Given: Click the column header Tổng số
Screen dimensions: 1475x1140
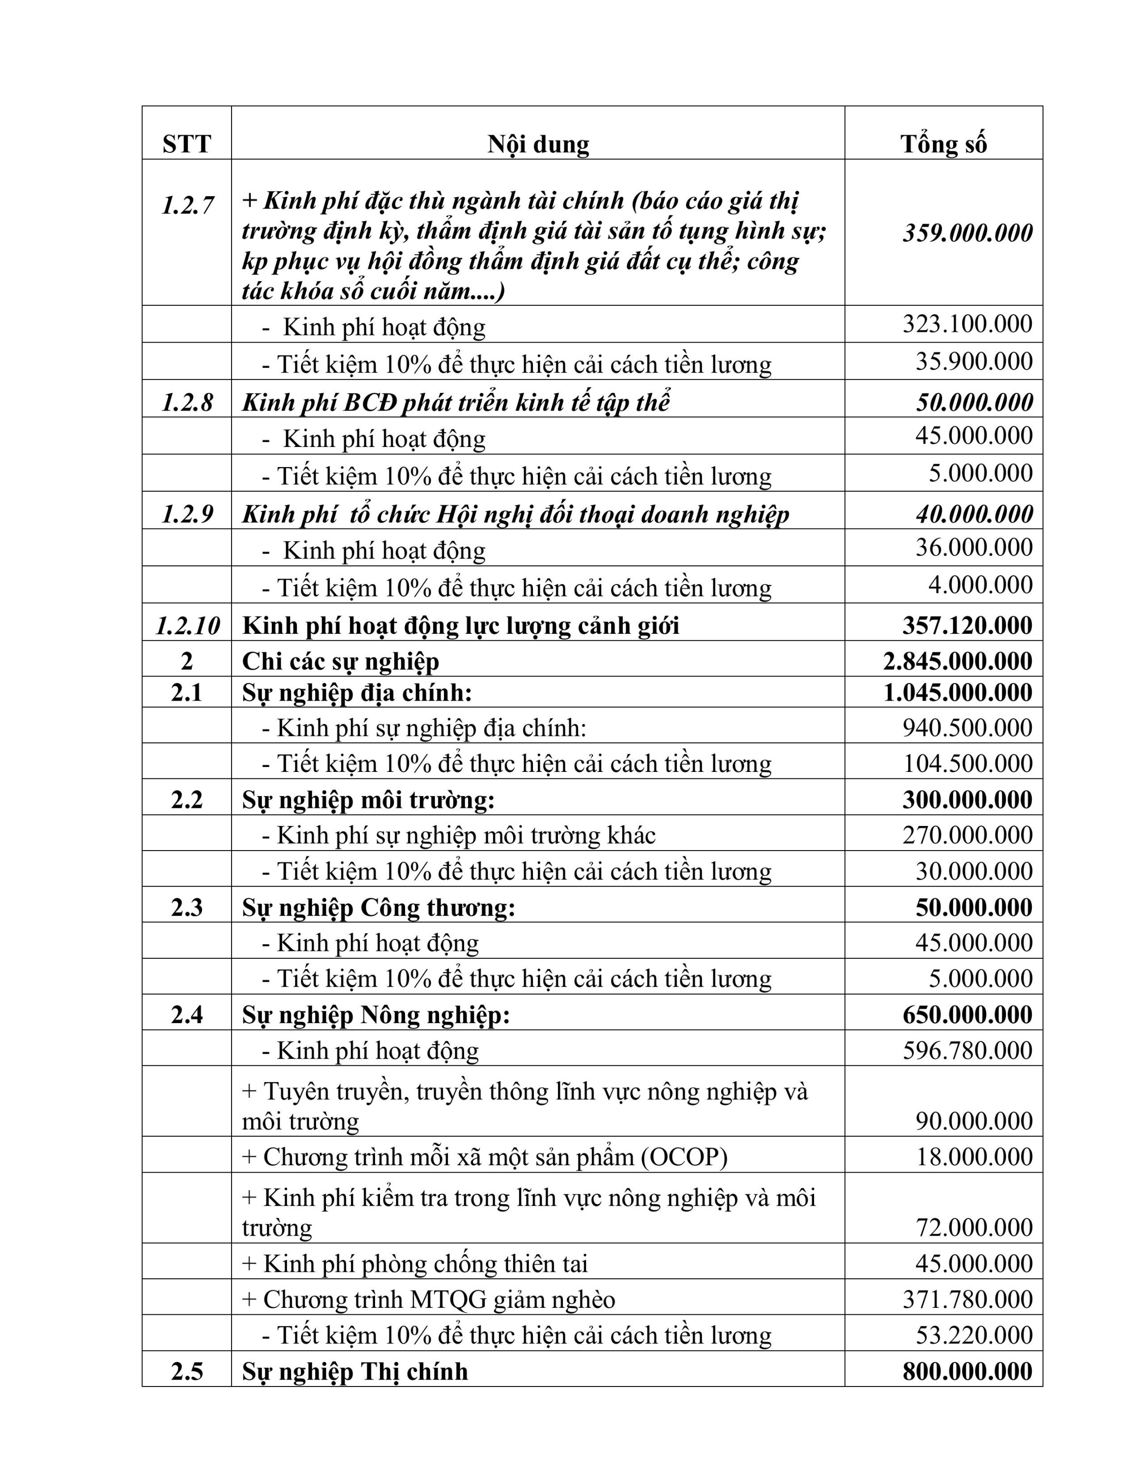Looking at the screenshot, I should click(943, 144).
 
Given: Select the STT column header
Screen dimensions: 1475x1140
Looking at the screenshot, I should click(186, 144).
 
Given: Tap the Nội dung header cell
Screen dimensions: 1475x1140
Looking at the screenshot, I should click(538, 144).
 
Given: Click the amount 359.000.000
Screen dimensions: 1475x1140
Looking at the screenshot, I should click(967, 233).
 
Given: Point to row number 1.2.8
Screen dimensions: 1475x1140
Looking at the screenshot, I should click(187, 403).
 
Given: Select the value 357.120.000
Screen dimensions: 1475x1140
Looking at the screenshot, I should click(967, 625).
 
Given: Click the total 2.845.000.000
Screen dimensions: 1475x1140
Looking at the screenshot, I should click(958, 661).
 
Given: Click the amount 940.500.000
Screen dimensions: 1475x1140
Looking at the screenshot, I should click(967, 728).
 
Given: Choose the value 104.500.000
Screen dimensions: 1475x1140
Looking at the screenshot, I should click(967, 764).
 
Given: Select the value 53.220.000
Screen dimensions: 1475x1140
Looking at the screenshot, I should click(973, 1335).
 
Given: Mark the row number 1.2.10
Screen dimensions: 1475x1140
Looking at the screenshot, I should click(187, 625).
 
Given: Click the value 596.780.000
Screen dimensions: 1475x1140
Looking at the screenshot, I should click(967, 1050).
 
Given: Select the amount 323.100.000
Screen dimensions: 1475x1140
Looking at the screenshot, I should click(967, 324).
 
